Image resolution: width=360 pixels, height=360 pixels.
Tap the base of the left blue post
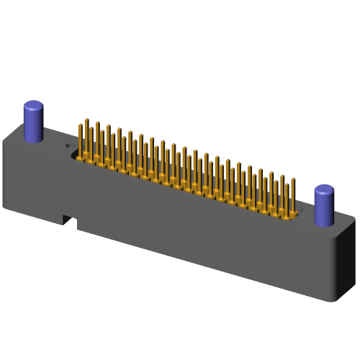(35, 139)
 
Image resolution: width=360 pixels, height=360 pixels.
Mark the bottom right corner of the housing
(336, 302)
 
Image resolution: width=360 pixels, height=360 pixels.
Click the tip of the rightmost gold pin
(293, 179)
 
